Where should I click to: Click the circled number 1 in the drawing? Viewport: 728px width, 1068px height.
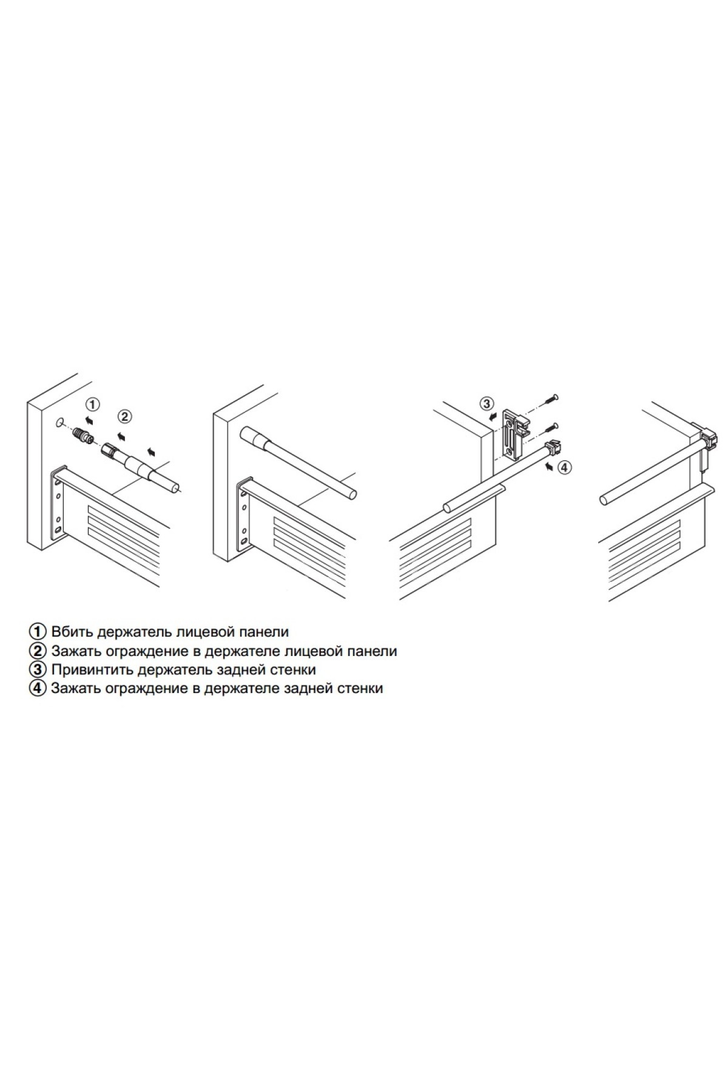click(x=92, y=405)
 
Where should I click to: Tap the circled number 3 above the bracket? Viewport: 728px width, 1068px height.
click(x=487, y=404)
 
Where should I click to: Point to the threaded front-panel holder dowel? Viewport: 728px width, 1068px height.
click(x=81, y=436)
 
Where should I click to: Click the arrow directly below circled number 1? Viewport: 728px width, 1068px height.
click(x=90, y=419)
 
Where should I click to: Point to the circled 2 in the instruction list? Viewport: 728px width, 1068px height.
click(x=38, y=651)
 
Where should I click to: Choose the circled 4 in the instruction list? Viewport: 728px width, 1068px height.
click(x=38, y=689)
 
